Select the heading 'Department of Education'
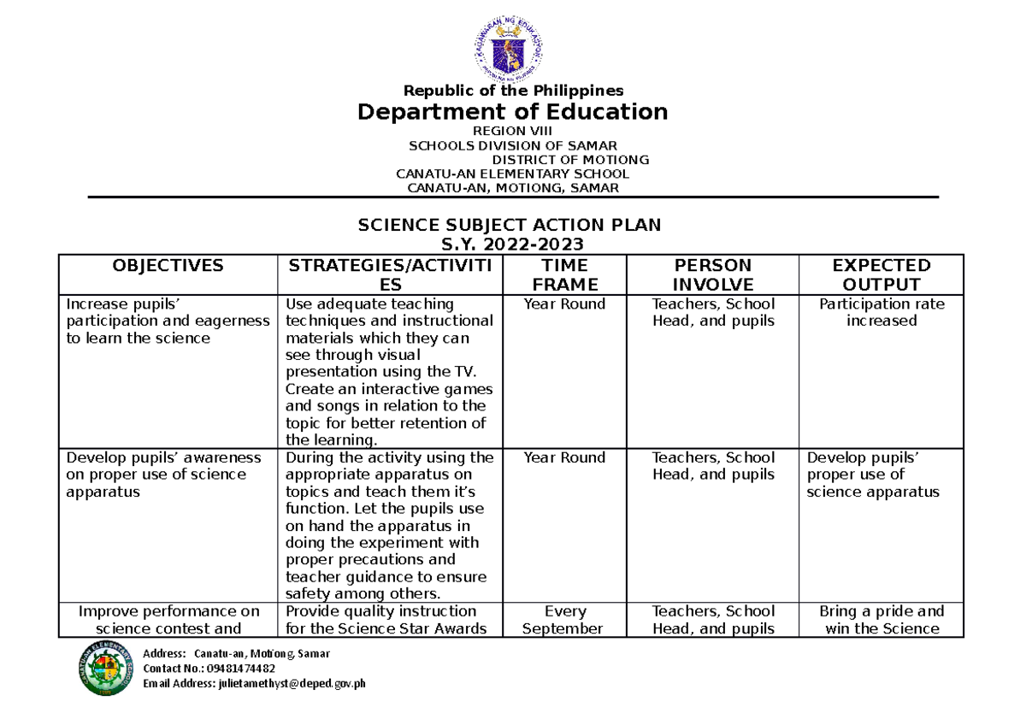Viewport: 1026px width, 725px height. pos(512,112)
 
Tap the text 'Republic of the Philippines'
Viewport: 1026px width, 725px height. pos(513,91)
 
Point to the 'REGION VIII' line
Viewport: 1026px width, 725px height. pos(513,131)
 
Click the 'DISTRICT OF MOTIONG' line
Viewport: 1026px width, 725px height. pos(569,160)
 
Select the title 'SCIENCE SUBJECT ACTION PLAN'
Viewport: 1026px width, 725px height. pos(510,225)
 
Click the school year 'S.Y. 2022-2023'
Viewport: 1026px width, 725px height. pos(510,245)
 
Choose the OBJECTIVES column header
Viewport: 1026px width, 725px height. pos(168,266)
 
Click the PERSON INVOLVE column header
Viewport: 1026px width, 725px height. pos(712,275)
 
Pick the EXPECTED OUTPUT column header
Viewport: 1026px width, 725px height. pos(881,275)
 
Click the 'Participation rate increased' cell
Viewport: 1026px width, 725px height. pos(881,312)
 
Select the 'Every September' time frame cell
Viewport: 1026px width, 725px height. pos(564,620)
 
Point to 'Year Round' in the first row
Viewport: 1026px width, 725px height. pos(564,304)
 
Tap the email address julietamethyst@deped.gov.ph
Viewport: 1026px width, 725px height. pos(254,684)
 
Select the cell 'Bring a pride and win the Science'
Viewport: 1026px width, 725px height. pos(881,620)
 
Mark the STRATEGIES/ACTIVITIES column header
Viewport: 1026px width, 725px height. pos(389,275)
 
